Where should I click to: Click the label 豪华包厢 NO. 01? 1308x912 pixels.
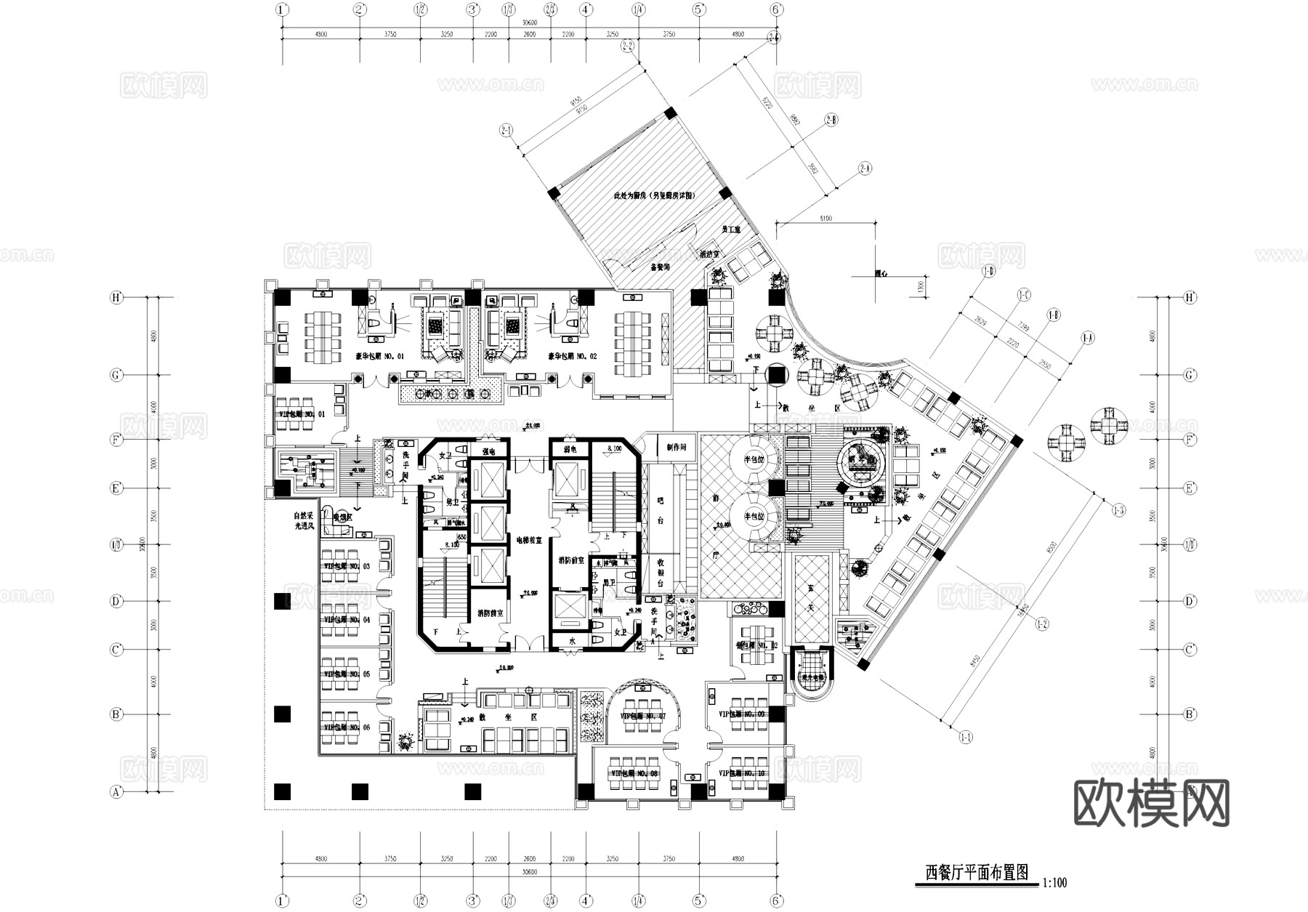(379, 356)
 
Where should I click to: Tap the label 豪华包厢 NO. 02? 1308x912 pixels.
(572, 356)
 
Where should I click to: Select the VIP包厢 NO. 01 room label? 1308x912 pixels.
(301, 413)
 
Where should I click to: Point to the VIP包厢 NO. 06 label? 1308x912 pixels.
(347, 727)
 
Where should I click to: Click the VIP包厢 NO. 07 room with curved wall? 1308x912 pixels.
(642, 717)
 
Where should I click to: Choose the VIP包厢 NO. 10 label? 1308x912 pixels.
(740, 774)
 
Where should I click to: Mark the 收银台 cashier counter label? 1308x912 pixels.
(661, 572)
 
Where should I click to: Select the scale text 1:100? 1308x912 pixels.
(1054, 884)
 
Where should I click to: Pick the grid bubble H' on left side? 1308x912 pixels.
(116, 297)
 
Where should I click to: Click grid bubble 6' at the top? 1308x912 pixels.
(777, 9)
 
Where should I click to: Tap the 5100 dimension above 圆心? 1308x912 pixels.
(825, 218)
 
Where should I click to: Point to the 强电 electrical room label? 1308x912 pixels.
(488, 451)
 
